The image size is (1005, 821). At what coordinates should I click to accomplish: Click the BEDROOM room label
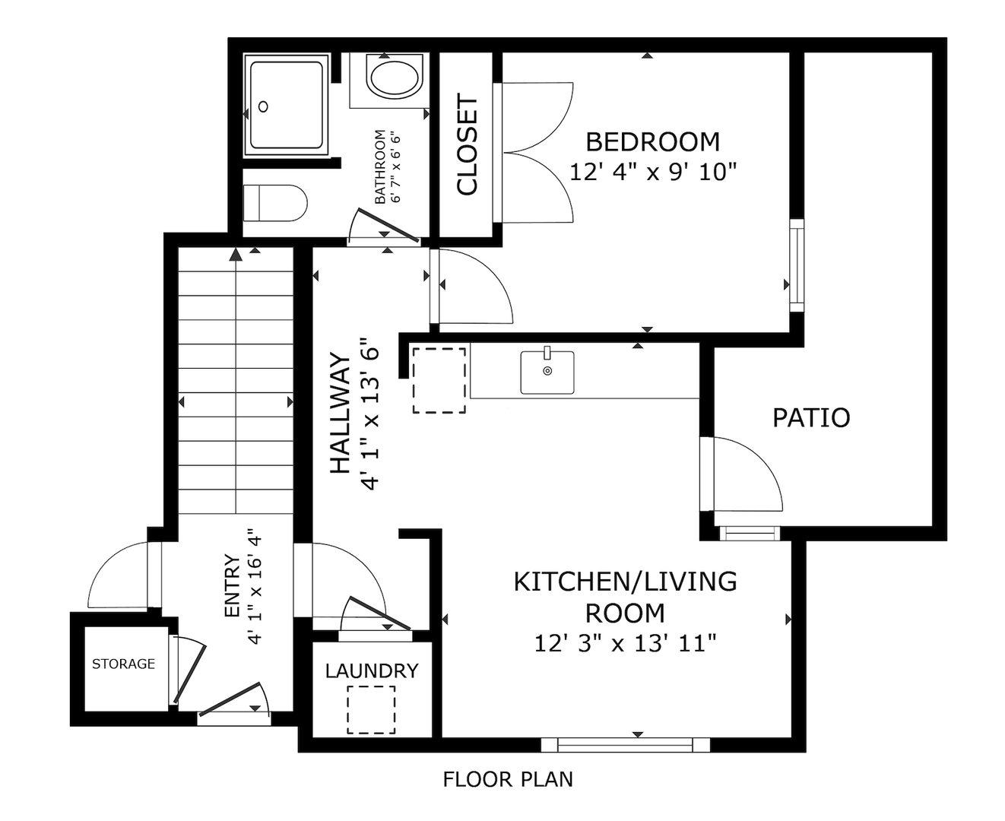coord(652,142)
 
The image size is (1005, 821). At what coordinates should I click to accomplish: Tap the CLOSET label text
coord(467,146)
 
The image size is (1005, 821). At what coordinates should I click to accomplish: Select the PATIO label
coord(811,418)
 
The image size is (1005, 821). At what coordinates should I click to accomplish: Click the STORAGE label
coord(123,664)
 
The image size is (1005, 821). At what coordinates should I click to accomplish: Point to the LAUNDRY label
coord(372,671)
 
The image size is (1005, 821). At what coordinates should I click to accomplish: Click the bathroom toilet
coord(275,203)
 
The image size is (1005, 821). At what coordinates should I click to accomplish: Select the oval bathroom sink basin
coord(394,78)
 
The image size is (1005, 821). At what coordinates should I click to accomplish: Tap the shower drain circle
coord(263,106)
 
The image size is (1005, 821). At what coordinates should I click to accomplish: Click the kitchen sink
coord(547,372)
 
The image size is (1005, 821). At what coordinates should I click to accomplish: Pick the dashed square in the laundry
coord(371,709)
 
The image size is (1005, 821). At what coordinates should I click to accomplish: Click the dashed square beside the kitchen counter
coord(439,380)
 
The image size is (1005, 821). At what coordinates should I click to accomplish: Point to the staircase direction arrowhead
coord(236,255)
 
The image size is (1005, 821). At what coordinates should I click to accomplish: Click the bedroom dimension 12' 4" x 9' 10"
coord(653,172)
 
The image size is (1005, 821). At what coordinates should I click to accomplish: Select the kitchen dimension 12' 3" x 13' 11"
coord(625,644)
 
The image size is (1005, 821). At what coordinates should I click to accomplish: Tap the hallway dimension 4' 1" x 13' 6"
coord(371,414)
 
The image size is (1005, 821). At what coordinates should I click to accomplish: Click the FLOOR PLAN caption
coord(508,779)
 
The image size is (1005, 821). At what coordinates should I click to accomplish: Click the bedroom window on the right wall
coord(796,265)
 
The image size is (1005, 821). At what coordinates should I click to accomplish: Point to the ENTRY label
coord(232,585)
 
